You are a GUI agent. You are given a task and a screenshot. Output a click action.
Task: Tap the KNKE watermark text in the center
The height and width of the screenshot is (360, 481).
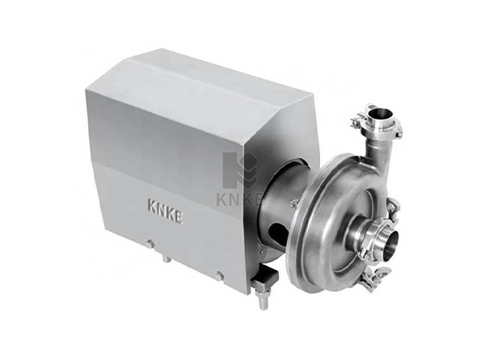tap(239, 199)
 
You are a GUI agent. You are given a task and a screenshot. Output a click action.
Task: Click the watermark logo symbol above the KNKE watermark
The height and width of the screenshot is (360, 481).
tap(240, 170)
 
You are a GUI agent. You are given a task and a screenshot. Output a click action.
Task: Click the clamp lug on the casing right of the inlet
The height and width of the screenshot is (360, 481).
tap(393, 205)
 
